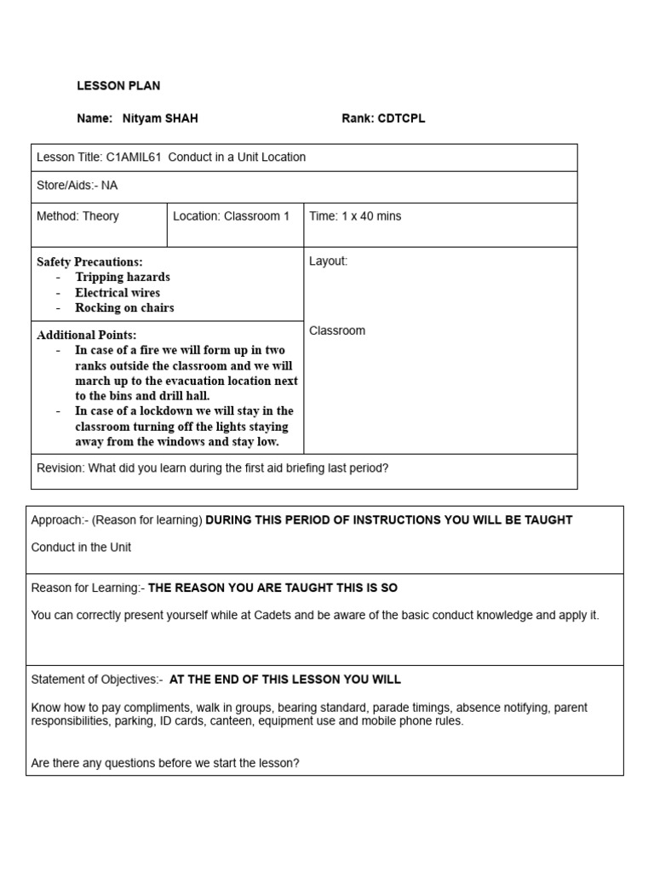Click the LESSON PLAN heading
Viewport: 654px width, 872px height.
click(118, 86)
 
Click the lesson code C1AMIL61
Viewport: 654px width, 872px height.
click(134, 157)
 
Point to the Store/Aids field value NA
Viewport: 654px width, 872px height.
click(109, 185)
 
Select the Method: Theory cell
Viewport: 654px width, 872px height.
click(77, 216)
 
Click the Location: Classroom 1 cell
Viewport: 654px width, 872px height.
click(231, 216)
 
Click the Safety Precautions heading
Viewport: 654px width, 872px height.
click(89, 261)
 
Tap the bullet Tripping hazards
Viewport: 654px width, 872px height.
click(122, 277)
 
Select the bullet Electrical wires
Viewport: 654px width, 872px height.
click(117, 292)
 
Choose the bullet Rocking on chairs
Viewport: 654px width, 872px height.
click(124, 307)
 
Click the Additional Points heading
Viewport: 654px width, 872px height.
click(86, 335)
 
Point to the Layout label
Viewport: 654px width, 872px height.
click(328, 261)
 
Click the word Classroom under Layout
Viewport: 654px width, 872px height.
click(336, 330)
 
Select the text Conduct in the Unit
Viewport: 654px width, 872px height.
click(81, 547)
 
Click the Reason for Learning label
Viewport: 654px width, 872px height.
click(88, 588)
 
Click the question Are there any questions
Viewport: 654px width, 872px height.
click(165, 763)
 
